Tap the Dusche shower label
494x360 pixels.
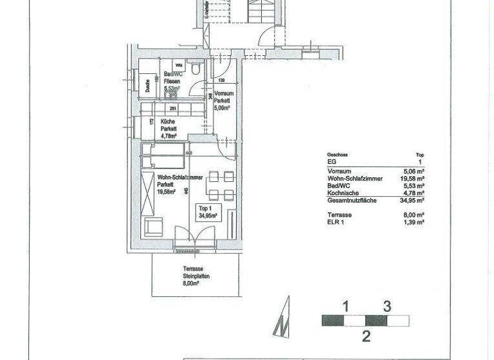(148, 84)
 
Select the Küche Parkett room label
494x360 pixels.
(169, 127)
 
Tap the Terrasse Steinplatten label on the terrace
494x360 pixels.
(195, 275)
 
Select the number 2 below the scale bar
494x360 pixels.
(365, 336)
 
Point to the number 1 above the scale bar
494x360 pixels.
(345, 306)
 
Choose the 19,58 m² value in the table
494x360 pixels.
(411, 179)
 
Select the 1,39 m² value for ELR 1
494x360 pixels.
(412, 221)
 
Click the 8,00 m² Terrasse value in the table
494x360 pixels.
(412, 214)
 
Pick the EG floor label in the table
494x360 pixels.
(332, 163)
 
